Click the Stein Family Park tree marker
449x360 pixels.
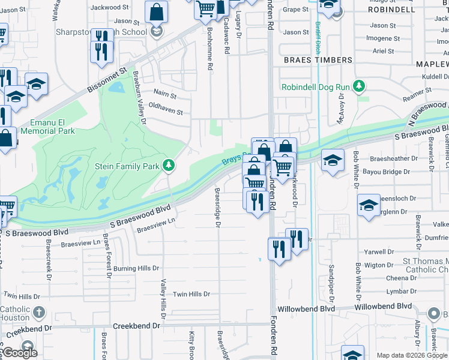tap(170, 165)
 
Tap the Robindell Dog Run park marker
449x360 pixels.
tap(359, 86)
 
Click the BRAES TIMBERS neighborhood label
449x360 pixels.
tap(318, 60)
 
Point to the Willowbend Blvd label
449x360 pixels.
tap(382, 307)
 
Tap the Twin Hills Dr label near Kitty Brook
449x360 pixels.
tap(191, 294)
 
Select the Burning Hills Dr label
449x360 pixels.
tap(136, 268)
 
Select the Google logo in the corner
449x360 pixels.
tap(19, 353)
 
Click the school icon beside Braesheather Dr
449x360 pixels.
tap(333, 161)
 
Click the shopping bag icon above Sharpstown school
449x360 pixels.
tap(156, 11)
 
